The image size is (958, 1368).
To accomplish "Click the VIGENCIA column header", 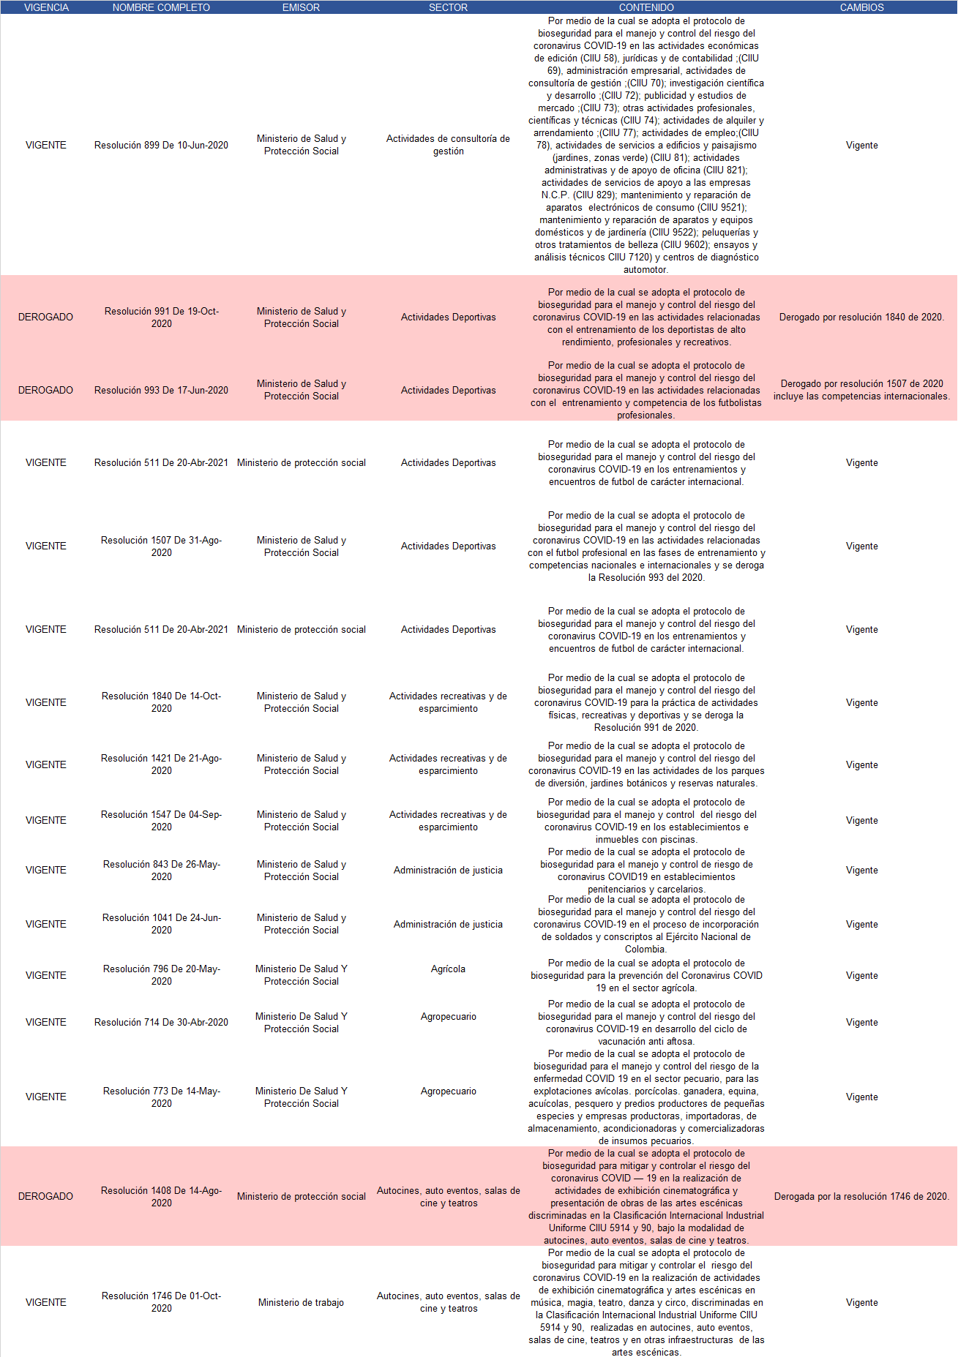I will [x=46, y=7].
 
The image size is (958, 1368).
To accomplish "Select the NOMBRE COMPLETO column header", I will [x=161, y=7].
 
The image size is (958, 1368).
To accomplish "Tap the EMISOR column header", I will [x=301, y=7].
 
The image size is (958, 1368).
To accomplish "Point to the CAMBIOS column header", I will [x=861, y=7].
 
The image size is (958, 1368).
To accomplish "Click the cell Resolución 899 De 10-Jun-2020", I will [x=161, y=145].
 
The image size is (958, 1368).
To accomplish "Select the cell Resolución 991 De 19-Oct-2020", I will [x=161, y=317].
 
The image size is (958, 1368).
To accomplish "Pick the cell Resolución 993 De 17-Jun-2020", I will [x=161, y=390].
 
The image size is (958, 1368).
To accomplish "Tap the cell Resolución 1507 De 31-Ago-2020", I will [x=161, y=546].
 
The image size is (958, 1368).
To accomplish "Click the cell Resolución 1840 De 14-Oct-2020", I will [x=161, y=702].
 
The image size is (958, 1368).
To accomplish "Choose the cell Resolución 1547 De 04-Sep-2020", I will [x=161, y=821].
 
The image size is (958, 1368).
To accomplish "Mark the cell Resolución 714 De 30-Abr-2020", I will [x=161, y=1022].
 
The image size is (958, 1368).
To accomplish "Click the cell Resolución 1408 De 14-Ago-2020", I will [x=161, y=1196].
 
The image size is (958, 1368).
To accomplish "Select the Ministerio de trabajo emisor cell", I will [x=301, y=1302].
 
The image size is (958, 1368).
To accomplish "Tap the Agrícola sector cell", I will [x=448, y=969].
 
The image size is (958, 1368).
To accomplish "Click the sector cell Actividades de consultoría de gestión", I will [x=448, y=145].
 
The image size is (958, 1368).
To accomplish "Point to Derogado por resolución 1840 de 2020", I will [x=861, y=317].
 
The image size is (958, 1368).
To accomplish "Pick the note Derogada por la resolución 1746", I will [x=861, y=1196].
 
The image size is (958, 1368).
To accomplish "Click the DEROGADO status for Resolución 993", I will [x=45, y=390].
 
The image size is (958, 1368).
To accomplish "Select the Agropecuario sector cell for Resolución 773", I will [x=448, y=1091].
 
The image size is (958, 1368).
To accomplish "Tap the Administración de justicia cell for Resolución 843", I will [x=448, y=870].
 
